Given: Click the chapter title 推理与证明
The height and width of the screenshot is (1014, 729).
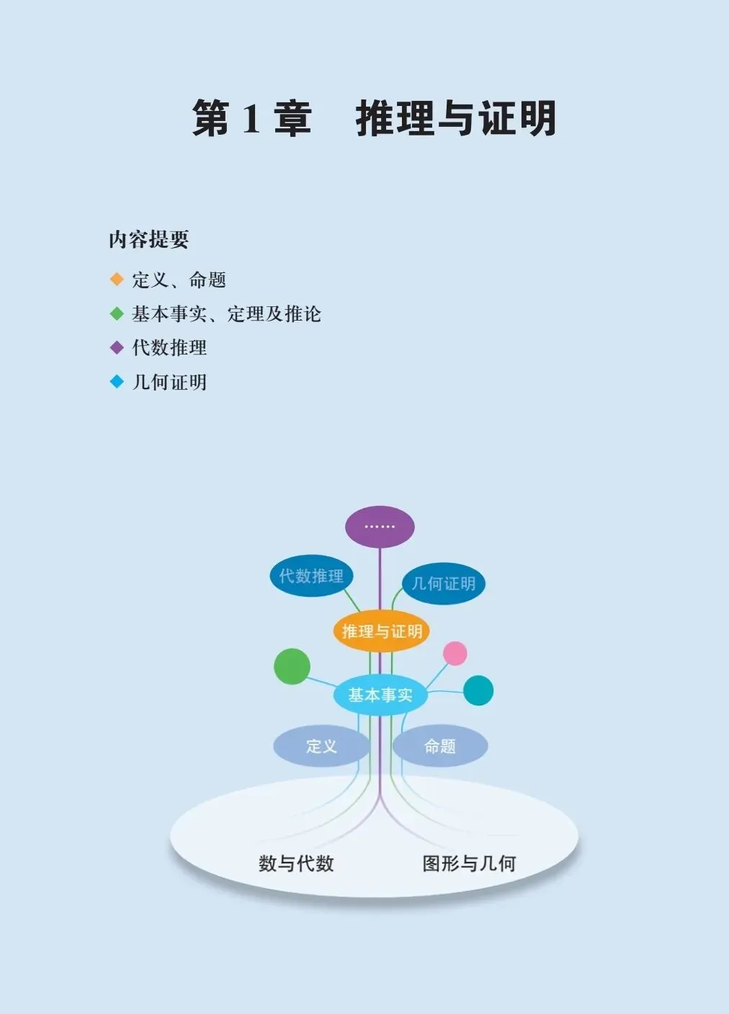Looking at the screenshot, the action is click(455, 119).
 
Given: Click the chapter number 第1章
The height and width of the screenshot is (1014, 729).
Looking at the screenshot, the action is click(251, 119).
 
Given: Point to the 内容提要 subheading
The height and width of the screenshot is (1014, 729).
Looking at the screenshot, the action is click(148, 239).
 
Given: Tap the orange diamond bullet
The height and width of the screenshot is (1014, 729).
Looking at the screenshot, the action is click(117, 279).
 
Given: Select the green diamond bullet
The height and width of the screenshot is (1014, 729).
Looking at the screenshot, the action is click(117, 313).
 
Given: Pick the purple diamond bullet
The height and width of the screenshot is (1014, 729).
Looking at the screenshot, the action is click(117, 347).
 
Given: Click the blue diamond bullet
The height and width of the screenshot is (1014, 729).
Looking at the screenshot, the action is click(117, 381).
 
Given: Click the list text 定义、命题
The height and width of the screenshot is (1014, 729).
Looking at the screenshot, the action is click(179, 280).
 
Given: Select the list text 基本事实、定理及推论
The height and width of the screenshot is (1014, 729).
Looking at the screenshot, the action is click(226, 313).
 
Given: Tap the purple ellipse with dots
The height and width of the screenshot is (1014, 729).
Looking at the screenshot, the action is click(380, 527).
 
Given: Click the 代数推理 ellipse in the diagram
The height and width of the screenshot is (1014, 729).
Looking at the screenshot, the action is click(311, 576).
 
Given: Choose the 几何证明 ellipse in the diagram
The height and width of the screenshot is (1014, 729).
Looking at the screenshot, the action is click(443, 583).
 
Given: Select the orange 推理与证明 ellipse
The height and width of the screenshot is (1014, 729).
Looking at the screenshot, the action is click(382, 631).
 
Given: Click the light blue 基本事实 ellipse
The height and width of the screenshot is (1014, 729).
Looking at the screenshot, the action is click(380, 695).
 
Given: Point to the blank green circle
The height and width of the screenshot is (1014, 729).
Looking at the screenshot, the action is click(292, 666).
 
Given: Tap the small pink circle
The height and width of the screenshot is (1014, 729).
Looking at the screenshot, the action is click(455, 654).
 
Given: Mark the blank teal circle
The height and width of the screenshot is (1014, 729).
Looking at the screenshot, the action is click(478, 690).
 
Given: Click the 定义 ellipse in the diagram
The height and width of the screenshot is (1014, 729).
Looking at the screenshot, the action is click(321, 746).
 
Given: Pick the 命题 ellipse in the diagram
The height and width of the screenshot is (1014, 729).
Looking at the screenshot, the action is click(440, 746).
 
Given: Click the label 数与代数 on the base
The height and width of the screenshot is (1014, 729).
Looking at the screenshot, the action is click(296, 863).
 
